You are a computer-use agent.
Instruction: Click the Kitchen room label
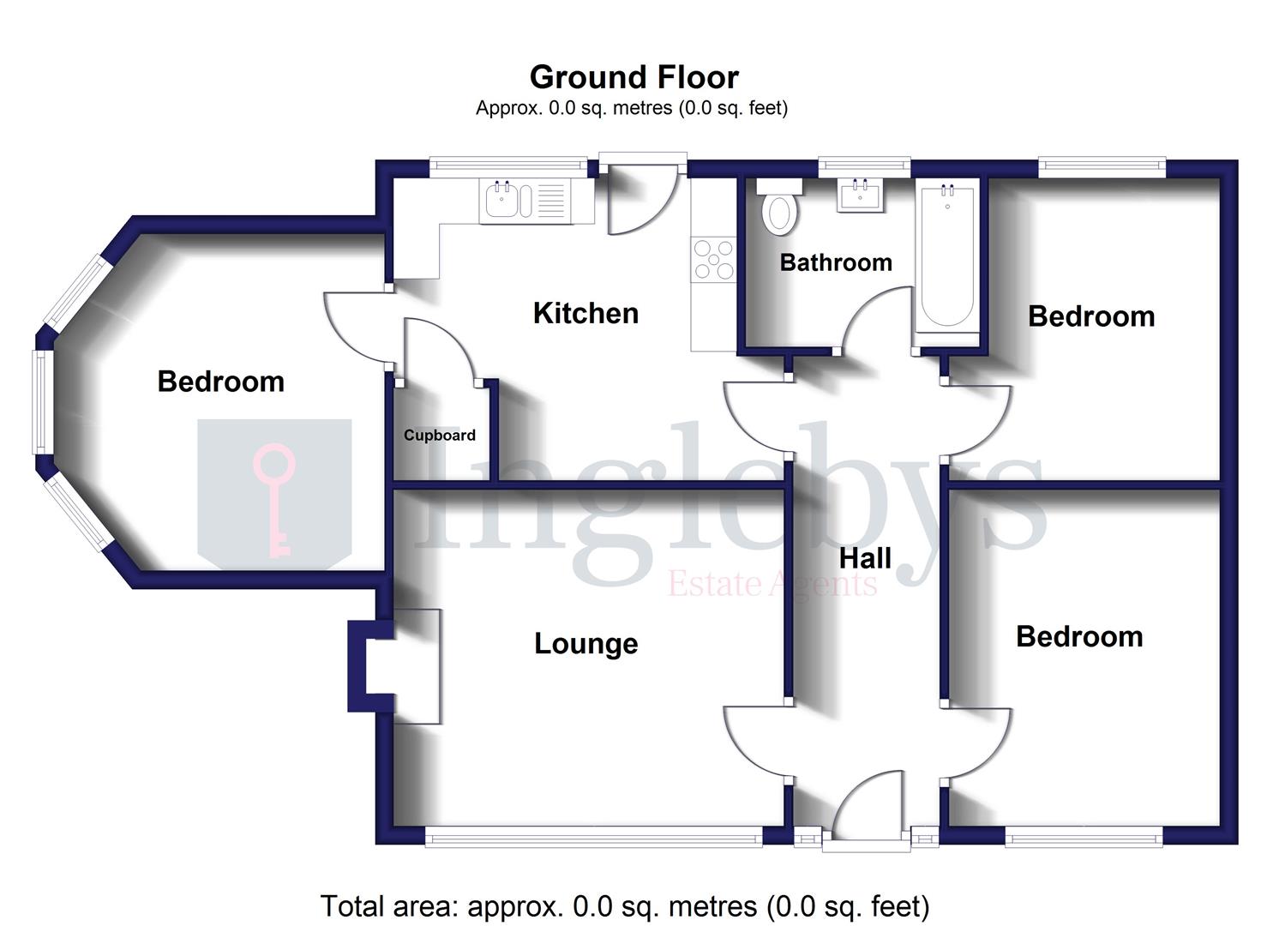[x=585, y=313]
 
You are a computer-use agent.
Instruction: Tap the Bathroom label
[x=836, y=262]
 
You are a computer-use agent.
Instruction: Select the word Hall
[x=865, y=559]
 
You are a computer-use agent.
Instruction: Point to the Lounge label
[x=586, y=644]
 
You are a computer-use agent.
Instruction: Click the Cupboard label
[x=440, y=436]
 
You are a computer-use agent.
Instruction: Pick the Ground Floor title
[x=633, y=77]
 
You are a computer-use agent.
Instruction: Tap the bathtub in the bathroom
[x=947, y=257]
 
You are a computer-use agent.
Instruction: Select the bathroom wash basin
[x=861, y=195]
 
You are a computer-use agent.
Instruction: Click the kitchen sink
[x=502, y=201]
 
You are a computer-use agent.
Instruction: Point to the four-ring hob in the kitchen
[x=713, y=259]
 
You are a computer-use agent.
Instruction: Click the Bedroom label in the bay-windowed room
[x=220, y=382]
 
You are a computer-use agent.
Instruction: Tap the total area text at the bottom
[x=625, y=906]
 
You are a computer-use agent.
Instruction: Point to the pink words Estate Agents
[x=772, y=585]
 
